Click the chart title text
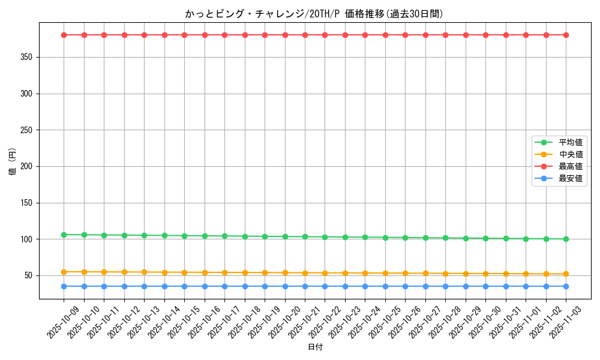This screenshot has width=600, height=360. click(314, 14)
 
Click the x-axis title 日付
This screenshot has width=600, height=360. click(314, 347)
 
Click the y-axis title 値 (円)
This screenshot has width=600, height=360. click(13, 163)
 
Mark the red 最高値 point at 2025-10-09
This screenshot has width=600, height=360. click(64, 35)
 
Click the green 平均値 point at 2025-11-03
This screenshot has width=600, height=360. click(566, 239)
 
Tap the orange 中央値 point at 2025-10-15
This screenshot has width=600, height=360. click(184, 272)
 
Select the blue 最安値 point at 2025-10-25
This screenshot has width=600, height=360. click(385, 286)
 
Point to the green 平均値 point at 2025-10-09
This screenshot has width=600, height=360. click(64, 235)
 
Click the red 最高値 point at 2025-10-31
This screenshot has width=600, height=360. click(506, 35)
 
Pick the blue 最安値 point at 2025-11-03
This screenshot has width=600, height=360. click(566, 286)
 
